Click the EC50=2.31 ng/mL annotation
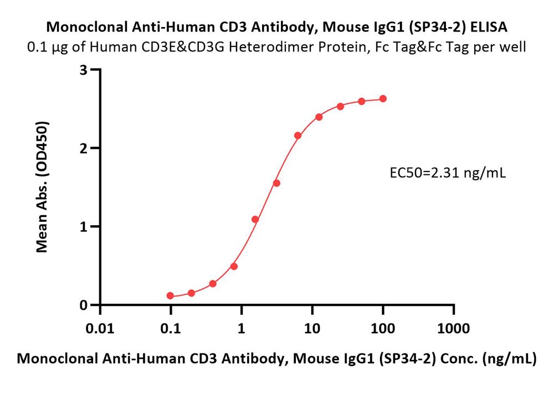(x=448, y=173)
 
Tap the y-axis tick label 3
(x=84, y=70)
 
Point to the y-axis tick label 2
(x=84, y=148)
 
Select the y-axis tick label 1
(x=84, y=227)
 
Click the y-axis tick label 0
(x=84, y=305)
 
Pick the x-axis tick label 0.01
(x=100, y=329)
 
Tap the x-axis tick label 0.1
(x=171, y=329)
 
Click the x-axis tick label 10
(x=312, y=329)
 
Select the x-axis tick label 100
(x=383, y=329)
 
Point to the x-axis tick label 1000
(x=454, y=329)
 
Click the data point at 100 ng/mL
(x=383, y=99)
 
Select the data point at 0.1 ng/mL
(x=170, y=295)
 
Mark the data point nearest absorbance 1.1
(x=255, y=220)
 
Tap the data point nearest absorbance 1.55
(x=276, y=183)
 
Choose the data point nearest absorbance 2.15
(x=298, y=136)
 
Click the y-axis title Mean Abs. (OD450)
(x=42, y=187)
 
